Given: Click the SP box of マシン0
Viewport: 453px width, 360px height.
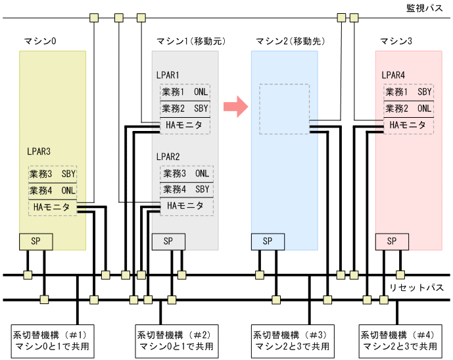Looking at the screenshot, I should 36,242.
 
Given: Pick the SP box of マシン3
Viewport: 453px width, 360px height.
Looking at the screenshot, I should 392,242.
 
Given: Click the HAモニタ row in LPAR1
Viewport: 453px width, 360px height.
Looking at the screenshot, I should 184,125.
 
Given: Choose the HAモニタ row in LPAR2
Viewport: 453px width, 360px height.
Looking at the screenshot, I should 185,206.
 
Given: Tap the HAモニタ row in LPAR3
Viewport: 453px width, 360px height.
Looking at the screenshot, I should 53,207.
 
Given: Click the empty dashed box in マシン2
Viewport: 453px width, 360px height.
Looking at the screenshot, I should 284,108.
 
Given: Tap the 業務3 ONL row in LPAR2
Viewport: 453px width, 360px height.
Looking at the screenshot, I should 185,174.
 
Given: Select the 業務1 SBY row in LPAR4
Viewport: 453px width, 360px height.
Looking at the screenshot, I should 408,92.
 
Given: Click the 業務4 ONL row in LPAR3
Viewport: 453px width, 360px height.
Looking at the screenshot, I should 53,191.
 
